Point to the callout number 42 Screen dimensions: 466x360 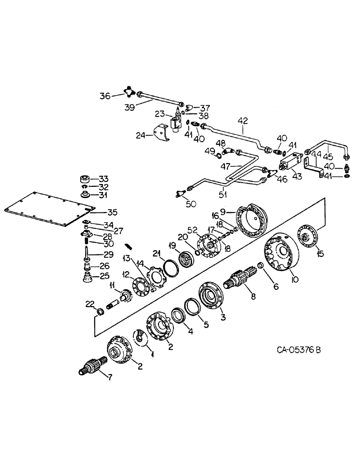tap(242, 120)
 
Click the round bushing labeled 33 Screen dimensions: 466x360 tap(86, 179)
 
